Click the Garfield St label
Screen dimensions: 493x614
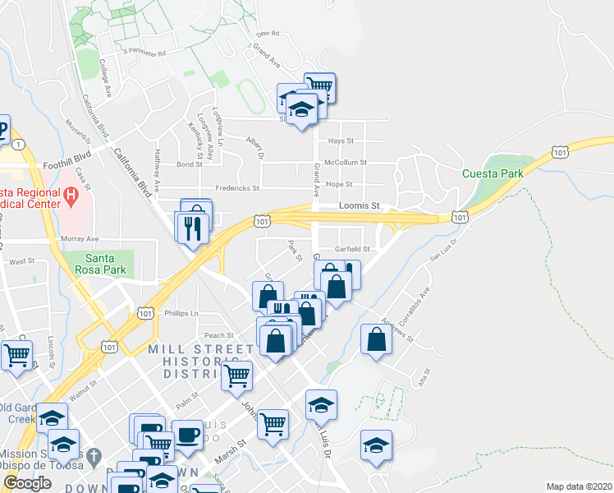coord(353,249)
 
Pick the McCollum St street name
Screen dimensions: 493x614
coord(346,163)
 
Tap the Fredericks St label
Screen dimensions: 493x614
coord(237,188)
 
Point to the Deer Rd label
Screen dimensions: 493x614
coord(268,34)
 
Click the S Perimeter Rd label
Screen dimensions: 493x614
coord(144,51)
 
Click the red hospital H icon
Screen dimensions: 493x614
coord(71,196)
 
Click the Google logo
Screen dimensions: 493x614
coord(27,483)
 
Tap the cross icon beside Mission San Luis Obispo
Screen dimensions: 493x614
coord(94,455)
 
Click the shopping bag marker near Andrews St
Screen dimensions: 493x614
coord(376,339)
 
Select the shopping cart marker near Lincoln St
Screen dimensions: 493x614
coord(16,355)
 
